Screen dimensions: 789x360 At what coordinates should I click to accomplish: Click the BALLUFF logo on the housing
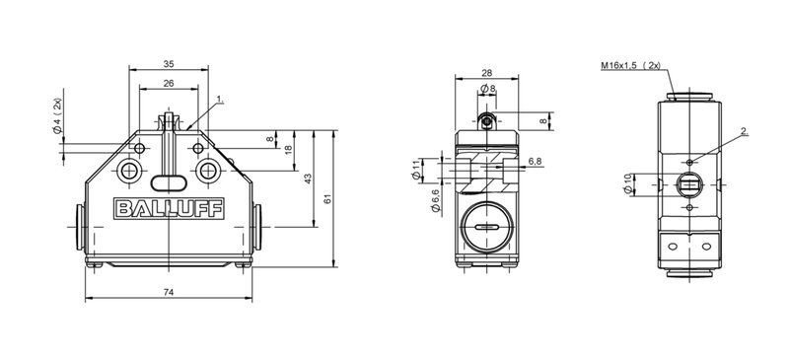(x=169, y=208)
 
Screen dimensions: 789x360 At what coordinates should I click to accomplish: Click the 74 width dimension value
(x=169, y=292)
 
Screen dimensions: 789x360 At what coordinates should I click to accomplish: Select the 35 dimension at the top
(x=169, y=64)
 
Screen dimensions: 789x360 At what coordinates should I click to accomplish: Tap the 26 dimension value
(x=169, y=84)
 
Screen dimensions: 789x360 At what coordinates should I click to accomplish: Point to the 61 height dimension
(x=328, y=198)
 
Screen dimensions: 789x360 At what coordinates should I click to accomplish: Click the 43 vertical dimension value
(x=309, y=179)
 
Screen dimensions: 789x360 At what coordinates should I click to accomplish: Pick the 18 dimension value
(x=288, y=150)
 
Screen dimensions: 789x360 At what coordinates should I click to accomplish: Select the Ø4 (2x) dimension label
(x=58, y=115)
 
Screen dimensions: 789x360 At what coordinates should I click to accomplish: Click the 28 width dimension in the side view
(x=486, y=73)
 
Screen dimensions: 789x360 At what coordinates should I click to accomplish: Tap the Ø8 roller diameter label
(x=487, y=89)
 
